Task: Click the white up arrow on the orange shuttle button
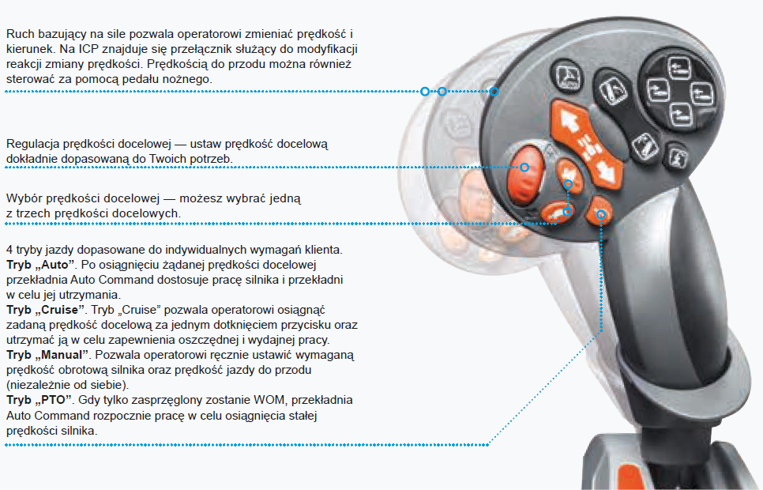(x=568, y=121)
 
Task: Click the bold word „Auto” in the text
(x=55, y=262)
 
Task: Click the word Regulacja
(x=32, y=144)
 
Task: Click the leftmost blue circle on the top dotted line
(x=425, y=92)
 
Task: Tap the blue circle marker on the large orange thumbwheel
(x=524, y=167)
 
